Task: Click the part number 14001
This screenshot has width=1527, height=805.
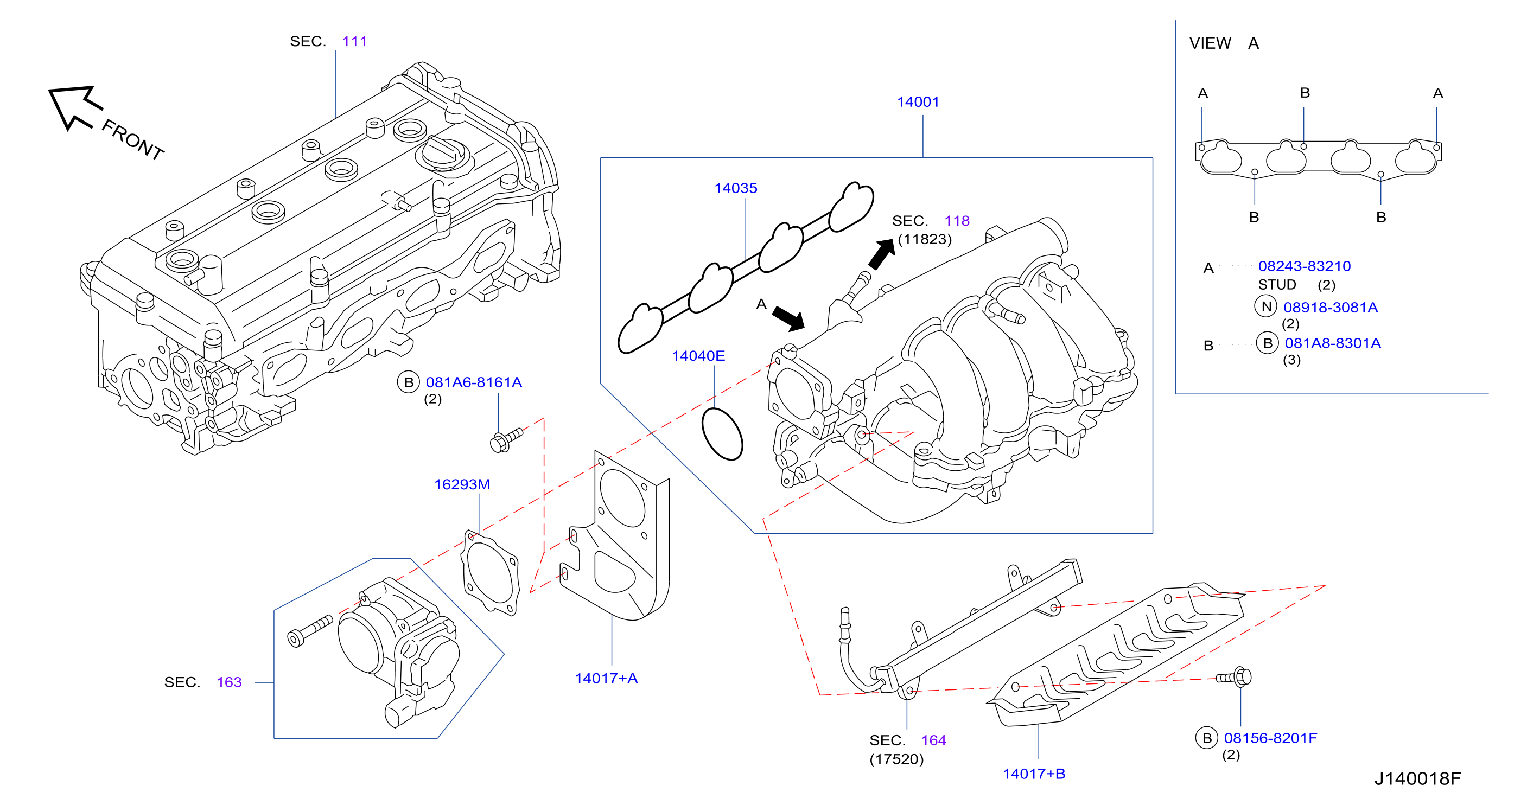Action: (x=918, y=102)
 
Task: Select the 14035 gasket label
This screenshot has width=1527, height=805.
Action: (x=736, y=189)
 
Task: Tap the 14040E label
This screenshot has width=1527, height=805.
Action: (x=698, y=356)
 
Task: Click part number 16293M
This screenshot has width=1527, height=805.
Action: (x=462, y=484)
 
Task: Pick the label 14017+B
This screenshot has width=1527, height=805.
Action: (x=1034, y=774)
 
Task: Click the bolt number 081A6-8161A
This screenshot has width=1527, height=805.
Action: (x=474, y=382)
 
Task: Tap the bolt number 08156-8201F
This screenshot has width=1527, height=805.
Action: (x=1271, y=738)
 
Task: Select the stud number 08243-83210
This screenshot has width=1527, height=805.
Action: (x=1305, y=266)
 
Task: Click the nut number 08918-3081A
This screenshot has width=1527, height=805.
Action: (x=1331, y=307)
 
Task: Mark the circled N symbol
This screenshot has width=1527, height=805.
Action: (x=1266, y=306)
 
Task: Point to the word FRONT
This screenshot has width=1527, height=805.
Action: (x=133, y=139)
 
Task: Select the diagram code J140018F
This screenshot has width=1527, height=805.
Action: (x=1418, y=778)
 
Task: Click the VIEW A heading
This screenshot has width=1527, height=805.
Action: (x=1224, y=43)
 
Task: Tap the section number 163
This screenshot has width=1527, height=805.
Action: (x=230, y=682)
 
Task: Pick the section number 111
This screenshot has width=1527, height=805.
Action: (x=354, y=41)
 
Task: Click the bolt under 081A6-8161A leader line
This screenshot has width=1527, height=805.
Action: (x=507, y=440)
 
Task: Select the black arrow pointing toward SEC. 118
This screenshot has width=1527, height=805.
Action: (x=882, y=254)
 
